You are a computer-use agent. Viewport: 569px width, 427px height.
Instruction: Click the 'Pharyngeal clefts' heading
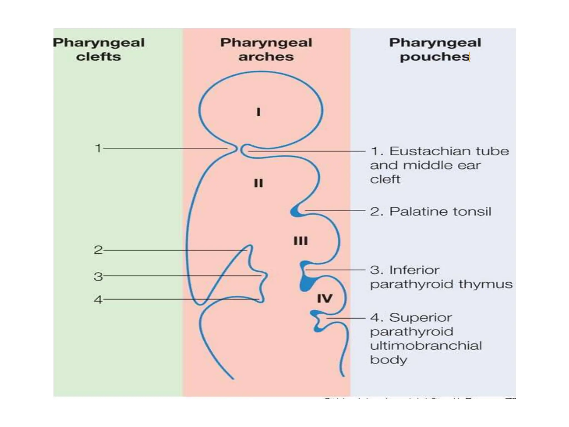coord(99,49)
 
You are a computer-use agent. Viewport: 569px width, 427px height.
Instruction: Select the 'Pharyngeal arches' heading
coord(266,49)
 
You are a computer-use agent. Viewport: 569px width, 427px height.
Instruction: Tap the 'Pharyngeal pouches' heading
coord(435,49)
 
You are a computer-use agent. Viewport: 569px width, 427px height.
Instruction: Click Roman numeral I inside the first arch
coord(258,112)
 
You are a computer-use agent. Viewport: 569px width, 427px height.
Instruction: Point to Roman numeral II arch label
coord(258,183)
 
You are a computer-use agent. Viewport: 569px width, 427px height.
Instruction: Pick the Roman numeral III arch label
coord(301,241)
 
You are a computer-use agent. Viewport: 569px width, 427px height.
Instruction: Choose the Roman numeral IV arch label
coord(325,299)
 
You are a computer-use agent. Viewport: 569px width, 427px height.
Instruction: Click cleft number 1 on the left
coord(98,148)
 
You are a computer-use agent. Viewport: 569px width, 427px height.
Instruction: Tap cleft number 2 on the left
coord(98,250)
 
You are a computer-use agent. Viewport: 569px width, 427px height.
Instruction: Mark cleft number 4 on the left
coord(98,300)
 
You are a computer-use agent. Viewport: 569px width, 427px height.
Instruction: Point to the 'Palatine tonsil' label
coord(440,212)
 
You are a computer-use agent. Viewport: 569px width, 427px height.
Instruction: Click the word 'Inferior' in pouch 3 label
coord(414,270)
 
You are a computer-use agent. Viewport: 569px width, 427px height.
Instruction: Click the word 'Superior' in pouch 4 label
coord(420,317)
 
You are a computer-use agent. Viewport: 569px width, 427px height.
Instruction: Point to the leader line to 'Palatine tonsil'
coord(335,211)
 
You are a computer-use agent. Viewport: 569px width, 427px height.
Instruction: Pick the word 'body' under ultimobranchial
coord(388,360)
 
